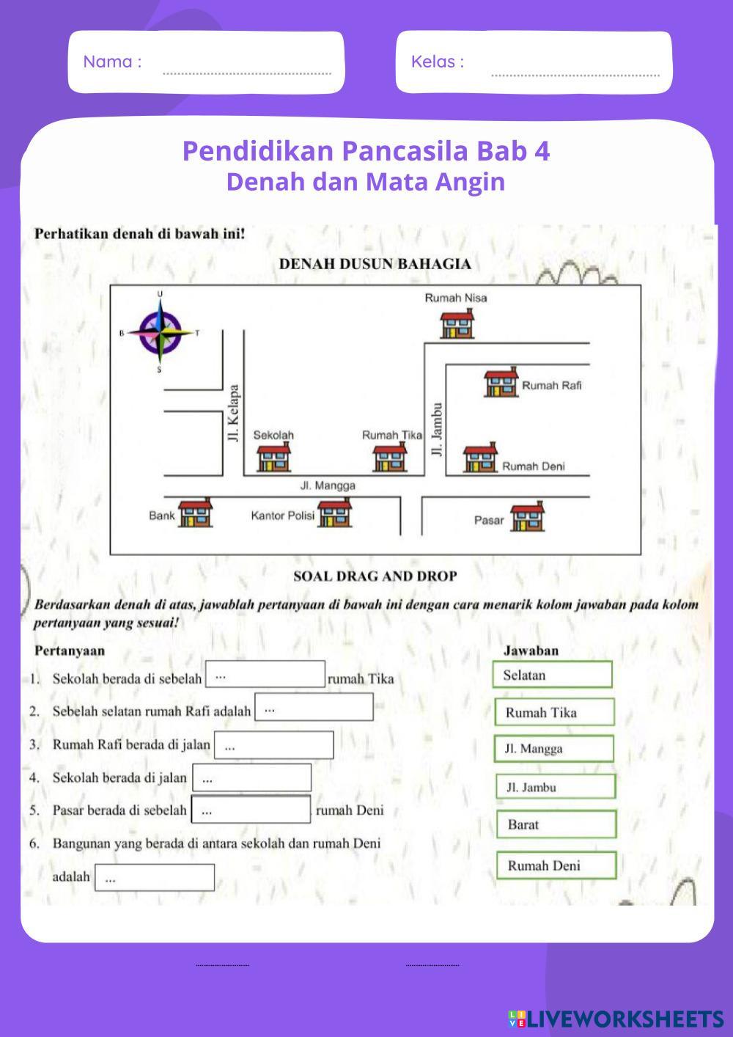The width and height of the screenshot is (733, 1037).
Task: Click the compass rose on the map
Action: (x=161, y=332)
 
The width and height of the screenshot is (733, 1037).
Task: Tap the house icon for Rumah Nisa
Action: (x=457, y=323)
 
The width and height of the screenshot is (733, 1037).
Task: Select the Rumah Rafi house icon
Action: (x=501, y=383)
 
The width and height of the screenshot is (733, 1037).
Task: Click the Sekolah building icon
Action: (x=273, y=458)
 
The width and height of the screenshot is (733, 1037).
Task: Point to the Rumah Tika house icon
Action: (x=389, y=458)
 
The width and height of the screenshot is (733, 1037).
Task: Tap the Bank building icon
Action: (x=196, y=513)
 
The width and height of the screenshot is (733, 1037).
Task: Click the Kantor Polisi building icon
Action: (x=334, y=513)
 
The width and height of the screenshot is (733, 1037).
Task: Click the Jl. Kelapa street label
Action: (x=234, y=414)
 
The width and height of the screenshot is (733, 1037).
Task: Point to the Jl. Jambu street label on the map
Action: (x=438, y=430)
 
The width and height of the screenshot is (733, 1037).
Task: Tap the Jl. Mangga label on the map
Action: (x=328, y=485)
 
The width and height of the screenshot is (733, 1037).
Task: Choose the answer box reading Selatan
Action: (x=553, y=675)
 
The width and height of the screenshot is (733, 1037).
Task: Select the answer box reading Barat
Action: (x=556, y=824)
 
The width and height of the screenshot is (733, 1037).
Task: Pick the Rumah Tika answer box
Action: (x=553, y=712)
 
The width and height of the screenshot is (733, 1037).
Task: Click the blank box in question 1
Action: (x=265, y=674)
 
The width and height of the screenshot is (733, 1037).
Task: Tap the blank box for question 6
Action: (x=154, y=877)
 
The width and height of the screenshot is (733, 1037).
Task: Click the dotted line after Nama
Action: (x=246, y=71)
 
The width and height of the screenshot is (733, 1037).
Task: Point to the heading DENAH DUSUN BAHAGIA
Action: (x=375, y=264)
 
